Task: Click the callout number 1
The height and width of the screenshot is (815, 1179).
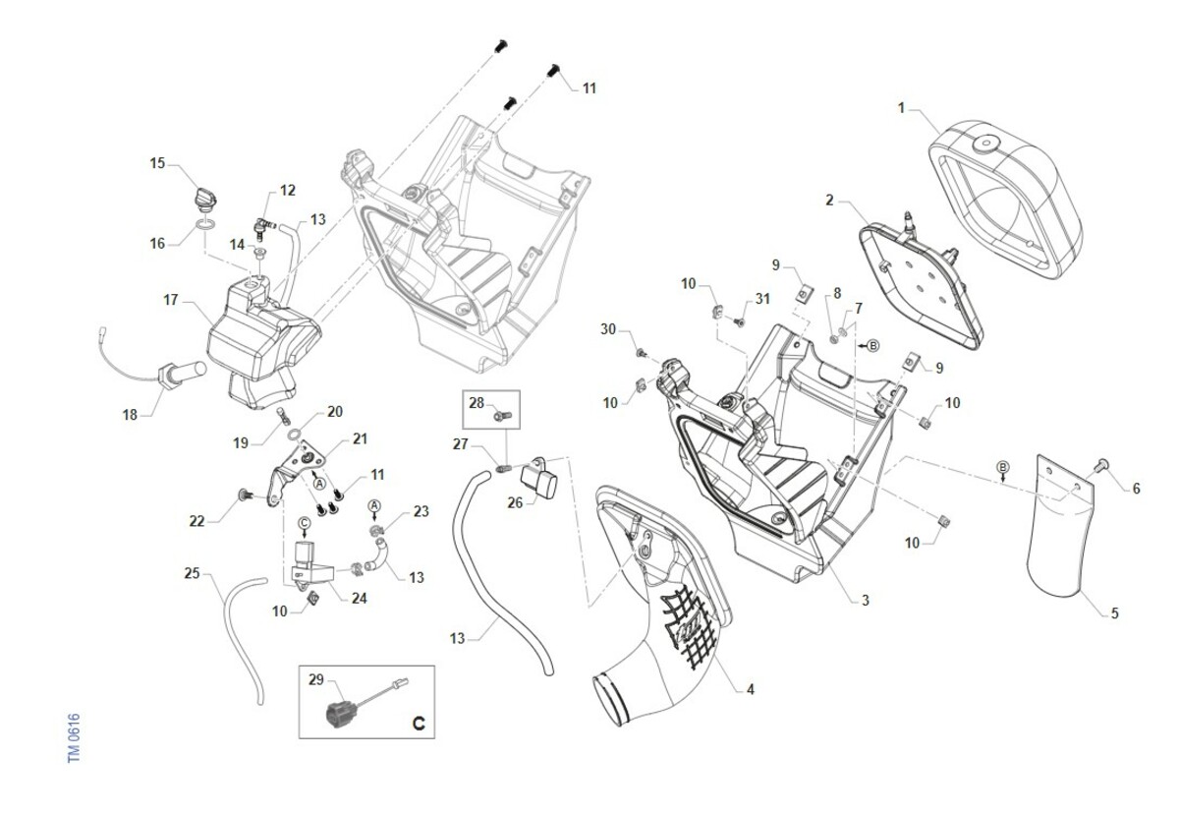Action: [x=901, y=107]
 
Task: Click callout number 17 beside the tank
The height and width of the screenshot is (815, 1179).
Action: [x=171, y=300]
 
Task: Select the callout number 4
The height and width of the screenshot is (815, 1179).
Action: [x=750, y=689]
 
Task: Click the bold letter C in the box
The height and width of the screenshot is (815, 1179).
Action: [x=418, y=725]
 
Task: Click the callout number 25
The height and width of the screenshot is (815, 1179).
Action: [x=192, y=571]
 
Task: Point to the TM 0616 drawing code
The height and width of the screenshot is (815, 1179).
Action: [x=75, y=736]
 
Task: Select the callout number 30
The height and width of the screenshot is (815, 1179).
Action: [x=608, y=330]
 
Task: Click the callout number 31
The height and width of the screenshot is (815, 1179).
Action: [x=762, y=299]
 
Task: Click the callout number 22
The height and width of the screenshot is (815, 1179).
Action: [x=196, y=521]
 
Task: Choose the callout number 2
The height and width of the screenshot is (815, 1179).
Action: [x=830, y=201]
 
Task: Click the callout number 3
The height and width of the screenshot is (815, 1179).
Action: [x=865, y=599]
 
